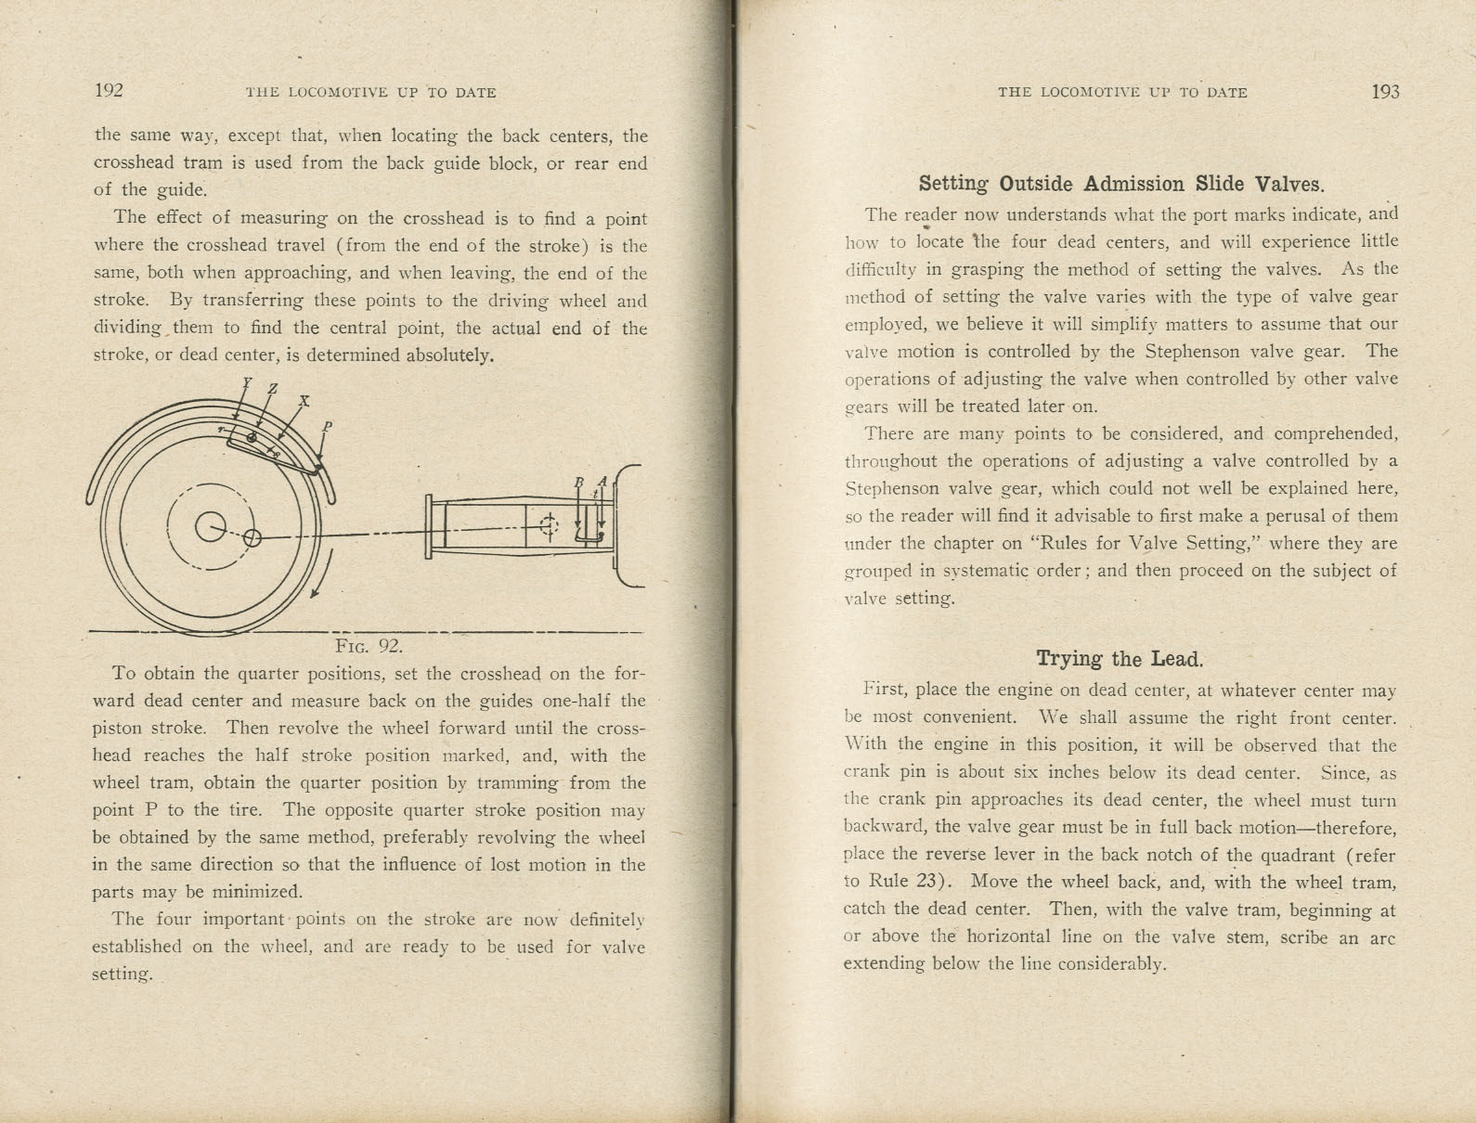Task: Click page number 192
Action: (x=109, y=90)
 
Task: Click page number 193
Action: (x=1384, y=91)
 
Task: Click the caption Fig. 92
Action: (x=369, y=646)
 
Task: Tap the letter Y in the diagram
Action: (x=246, y=381)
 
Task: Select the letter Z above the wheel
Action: (x=272, y=389)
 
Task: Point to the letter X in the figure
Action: (x=304, y=401)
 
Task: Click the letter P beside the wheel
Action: (x=327, y=427)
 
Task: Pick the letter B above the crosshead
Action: (x=579, y=482)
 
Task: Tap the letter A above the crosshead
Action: (x=602, y=481)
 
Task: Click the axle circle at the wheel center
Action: (x=210, y=527)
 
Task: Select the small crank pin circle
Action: (x=252, y=536)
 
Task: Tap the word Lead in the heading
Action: (x=1176, y=659)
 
